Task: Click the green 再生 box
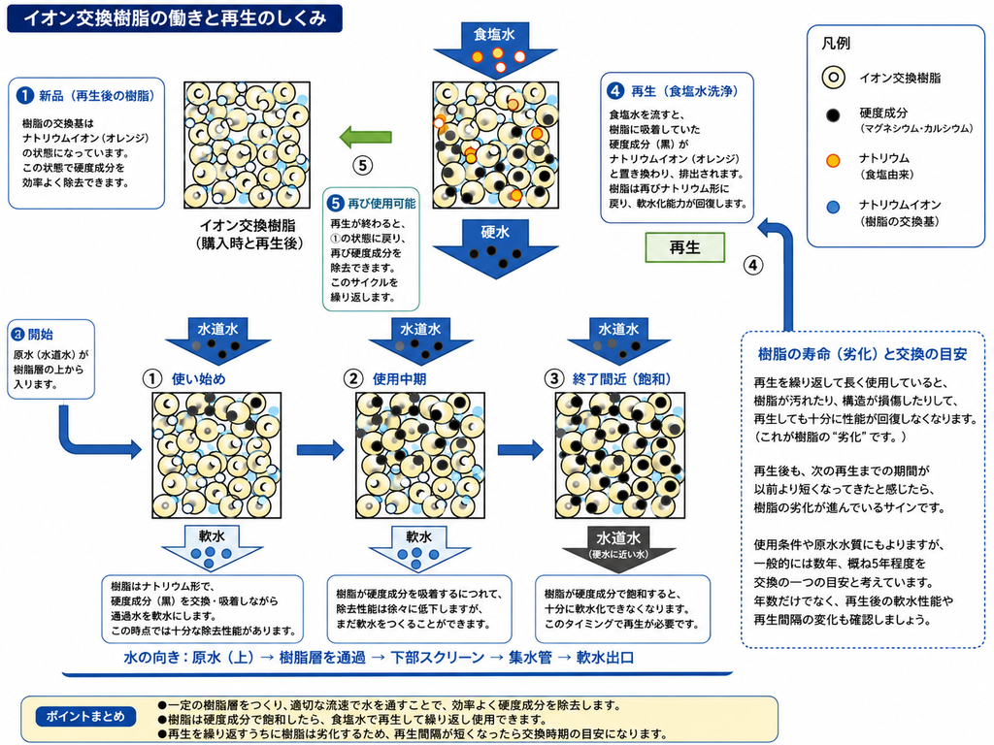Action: pyautogui.click(x=684, y=247)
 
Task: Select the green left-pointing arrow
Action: pyautogui.click(x=365, y=137)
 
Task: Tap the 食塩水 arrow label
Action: pyautogui.click(x=494, y=34)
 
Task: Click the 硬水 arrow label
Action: pyautogui.click(x=495, y=232)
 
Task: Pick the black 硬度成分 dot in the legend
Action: pyautogui.click(x=833, y=115)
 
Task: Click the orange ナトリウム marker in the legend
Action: pyautogui.click(x=833, y=160)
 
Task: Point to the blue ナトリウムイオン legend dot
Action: pyautogui.click(x=833, y=208)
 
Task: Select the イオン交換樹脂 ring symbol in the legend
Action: pyautogui.click(x=833, y=78)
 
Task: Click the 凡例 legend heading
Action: pyautogui.click(x=836, y=43)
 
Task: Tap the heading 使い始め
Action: pyautogui.click(x=198, y=379)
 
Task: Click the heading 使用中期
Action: pyautogui.click(x=399, y=379)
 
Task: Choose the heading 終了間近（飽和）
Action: pyautogui.click(x=621, y=379)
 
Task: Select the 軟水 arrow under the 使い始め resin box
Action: pyautogui.click(x=212, y=549)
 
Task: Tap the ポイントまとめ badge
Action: pyautogui.click(x=85, y=717)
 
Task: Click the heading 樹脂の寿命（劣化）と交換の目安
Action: pyautogui.click(x=863, y=354)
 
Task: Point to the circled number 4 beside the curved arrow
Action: pyautogui.click(x=753, y=265)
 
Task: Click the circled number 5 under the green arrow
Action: pyautogui.click(x=362, y=166)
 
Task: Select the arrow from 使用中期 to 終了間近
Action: pyautogui.click(x=520, y=450)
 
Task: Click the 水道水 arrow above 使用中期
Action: pyautogui.click(x=420, y=341)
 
